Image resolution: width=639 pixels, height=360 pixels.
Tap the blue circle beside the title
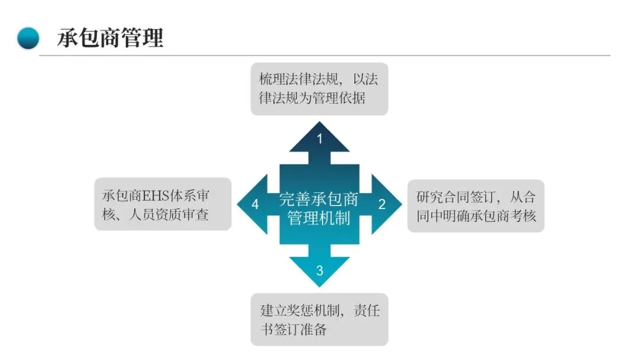pos(28,38)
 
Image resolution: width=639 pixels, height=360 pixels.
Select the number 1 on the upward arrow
pos(319,139)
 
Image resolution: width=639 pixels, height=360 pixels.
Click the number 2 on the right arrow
pos(382,204)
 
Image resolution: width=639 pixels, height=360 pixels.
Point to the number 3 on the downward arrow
pos(319,271)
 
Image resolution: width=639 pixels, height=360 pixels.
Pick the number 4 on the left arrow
pos(256,204)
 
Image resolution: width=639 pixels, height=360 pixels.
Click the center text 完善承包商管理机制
pos(319,208)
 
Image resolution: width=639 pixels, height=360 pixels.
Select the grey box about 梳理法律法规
pos(319,89)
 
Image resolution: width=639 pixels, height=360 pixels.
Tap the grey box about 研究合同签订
pos(476,205)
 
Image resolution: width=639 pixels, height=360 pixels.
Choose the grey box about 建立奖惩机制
pos(319,319)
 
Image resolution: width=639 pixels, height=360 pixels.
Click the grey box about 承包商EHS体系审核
pos(163,204)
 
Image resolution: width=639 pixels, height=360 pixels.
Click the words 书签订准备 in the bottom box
pos(293,329)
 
